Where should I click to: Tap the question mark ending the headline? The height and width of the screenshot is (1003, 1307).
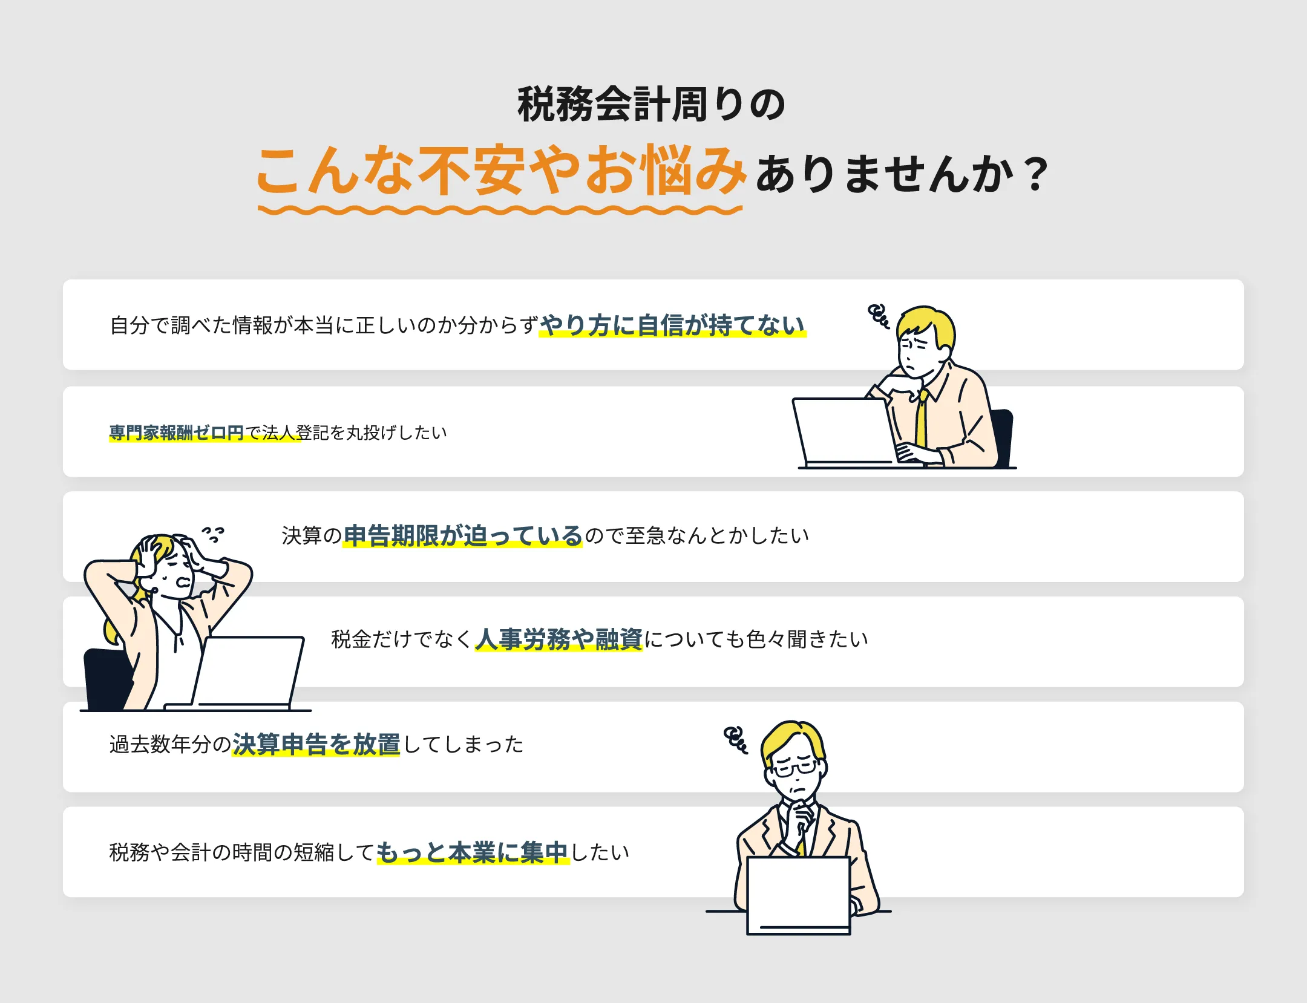(1037, 174)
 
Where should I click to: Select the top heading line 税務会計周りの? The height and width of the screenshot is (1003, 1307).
(652, 105)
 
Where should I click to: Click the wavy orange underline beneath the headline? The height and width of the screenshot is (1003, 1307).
(500, 211)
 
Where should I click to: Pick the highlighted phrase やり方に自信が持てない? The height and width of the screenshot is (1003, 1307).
(672, 325)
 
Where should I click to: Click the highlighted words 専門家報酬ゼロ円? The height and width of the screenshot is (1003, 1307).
(176, 433)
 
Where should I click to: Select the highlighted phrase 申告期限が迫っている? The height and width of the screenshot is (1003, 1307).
(463, 535)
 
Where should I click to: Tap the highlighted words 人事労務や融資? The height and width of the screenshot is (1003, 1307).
(559, 639)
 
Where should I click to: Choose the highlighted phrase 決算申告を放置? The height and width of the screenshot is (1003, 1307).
(316, 744)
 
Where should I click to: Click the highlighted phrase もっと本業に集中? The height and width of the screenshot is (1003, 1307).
(473, 852)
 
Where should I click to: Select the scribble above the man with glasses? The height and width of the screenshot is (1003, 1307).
(736, 739)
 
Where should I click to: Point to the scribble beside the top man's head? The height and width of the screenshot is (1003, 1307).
(879, 316)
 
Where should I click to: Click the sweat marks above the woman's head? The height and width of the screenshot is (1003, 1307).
(213, 534)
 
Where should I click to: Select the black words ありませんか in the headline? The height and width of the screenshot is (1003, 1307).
(884, 174)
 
